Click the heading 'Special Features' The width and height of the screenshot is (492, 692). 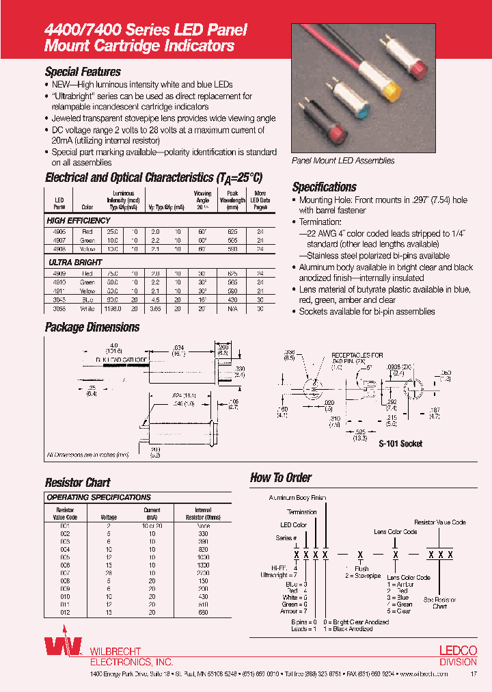(x=83, y=72)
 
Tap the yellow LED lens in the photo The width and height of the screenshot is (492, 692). (x=392, y=90)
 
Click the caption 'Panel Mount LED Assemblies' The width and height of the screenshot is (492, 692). (x=343, y=161)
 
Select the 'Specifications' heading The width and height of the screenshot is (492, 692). (x=325, y=187)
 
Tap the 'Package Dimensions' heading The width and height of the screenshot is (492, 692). (x=92, y=327)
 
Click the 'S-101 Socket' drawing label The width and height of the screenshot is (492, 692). (x=400, y=444)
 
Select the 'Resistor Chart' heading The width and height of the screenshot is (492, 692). (x=77, y=482)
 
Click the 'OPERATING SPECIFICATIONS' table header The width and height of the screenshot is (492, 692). (x=98, y=497)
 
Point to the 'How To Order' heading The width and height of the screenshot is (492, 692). (x=281, y=477)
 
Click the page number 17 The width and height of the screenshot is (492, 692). (x=474, y=674)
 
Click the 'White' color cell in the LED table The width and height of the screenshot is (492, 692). (x=87, y=308)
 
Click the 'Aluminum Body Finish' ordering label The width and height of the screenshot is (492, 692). (x=298, y=498)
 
